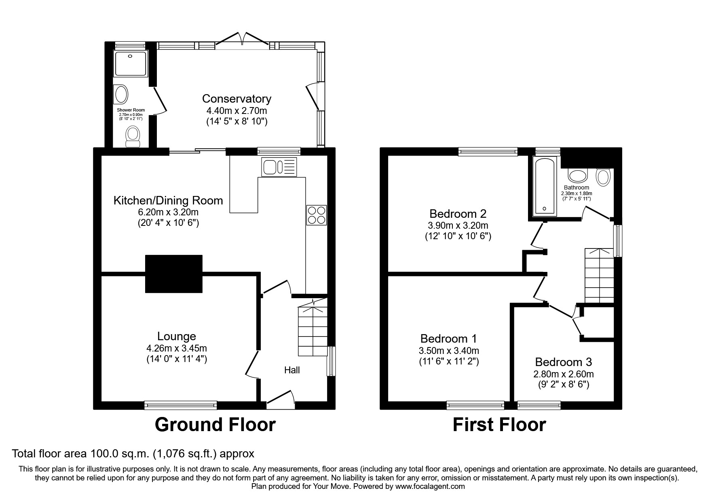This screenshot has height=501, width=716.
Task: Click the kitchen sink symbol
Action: (279, 167)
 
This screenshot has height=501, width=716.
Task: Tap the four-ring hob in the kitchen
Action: (317, 215)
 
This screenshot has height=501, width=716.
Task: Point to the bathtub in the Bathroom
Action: (544, 186)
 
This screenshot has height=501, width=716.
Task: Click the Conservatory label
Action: (237, 99)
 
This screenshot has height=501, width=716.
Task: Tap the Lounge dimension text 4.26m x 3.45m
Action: (177, 348)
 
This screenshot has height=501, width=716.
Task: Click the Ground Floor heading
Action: (215, 425)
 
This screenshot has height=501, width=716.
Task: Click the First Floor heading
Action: (499, 425)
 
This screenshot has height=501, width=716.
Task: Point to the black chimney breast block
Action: (173, 274)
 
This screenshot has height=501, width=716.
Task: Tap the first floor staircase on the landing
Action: (599, 275)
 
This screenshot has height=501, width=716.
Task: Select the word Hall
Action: (292, 370)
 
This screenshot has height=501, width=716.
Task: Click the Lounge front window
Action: (181, 405)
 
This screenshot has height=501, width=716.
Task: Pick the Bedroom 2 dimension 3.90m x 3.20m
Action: (458, 225)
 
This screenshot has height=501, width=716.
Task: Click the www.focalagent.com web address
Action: (430, 486)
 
